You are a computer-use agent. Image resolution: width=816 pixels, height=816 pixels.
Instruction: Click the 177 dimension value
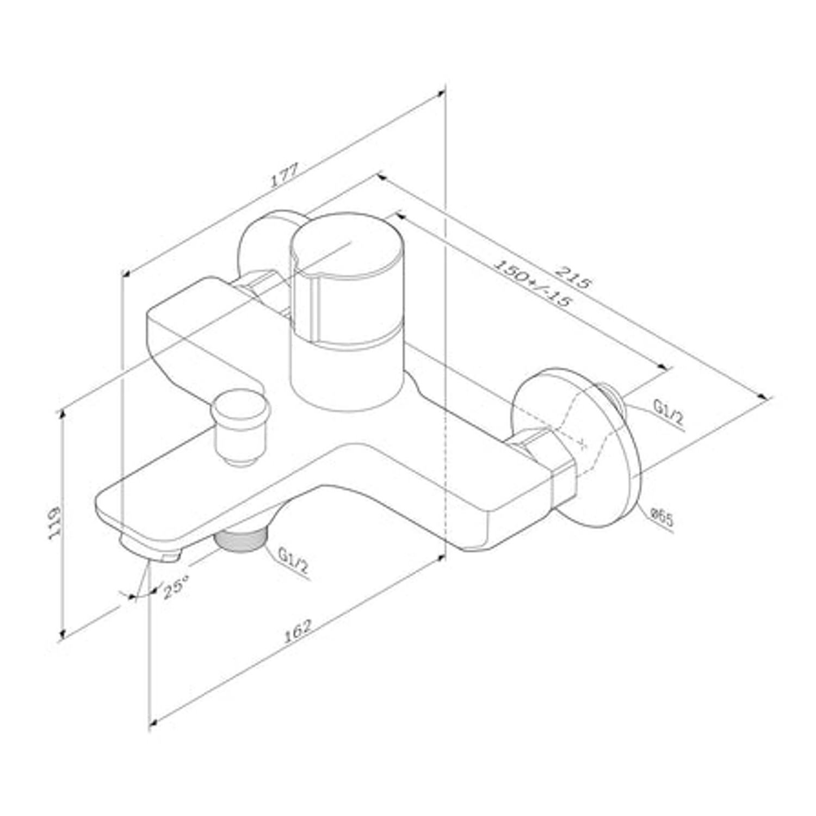(x=285, y=175)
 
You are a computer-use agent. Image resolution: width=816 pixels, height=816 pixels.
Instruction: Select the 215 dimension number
(x=572, y=276)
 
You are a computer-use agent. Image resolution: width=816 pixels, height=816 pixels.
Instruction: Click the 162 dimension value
(x=298, y=630)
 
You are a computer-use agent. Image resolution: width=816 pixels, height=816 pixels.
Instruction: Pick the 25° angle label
(x=175, y=588)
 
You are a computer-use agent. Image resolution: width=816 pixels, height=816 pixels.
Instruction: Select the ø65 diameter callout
(x=662, y=517)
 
